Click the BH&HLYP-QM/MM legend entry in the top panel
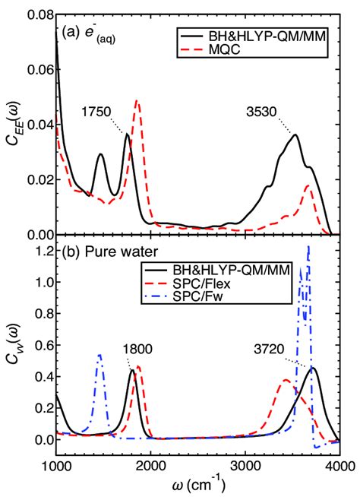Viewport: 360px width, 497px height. (262, 35)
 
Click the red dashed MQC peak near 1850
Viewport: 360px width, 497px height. (137, 101)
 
